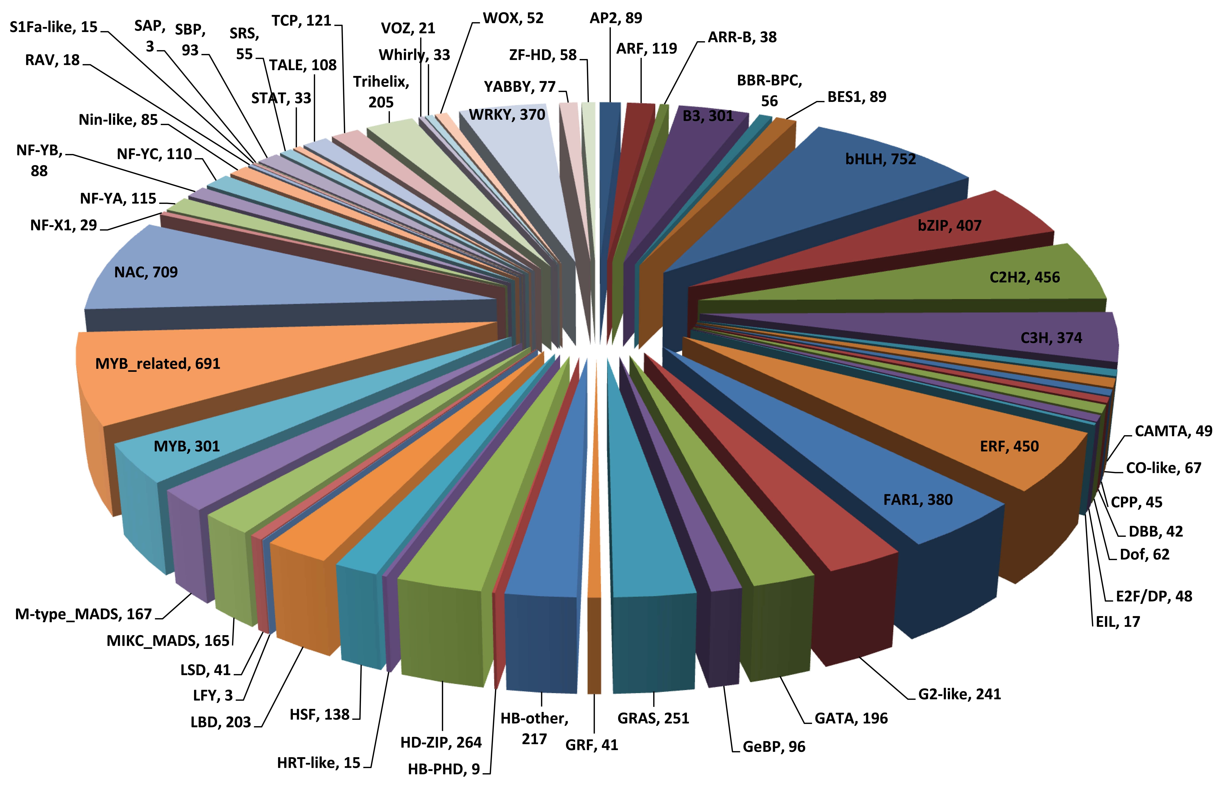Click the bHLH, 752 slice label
tap(880, 160)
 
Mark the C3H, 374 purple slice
tap(971, 337)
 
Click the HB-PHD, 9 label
tap(444, 769)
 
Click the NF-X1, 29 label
tap(63, 225)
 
